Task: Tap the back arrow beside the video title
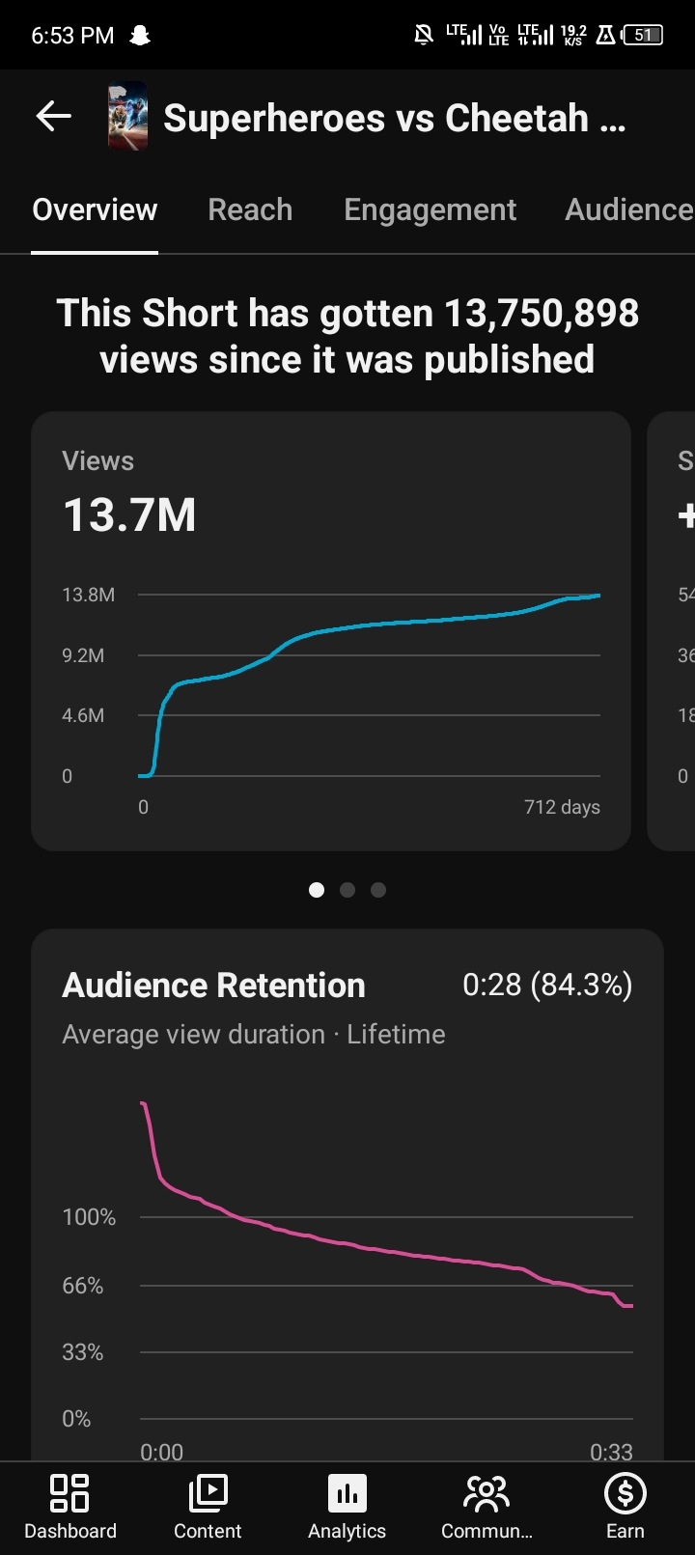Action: point(53,115)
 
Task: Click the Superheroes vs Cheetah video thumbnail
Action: point(127,116)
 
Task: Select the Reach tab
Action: point(250,209)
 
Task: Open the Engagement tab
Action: point(430,210)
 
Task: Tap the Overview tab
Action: point(96,209)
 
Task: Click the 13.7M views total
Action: point(129,515)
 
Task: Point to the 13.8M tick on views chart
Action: point(88,595)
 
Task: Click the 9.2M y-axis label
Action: point(83,655)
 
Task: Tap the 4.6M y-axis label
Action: point(83,715)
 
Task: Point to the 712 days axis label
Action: point(562,807)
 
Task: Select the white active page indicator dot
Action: point(317,890)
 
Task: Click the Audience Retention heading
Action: point(214,986)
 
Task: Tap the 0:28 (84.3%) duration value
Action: point(547,986)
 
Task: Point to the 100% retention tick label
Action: point(89,1217)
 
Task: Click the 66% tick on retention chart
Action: point(83,1286)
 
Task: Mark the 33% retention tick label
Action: point(83,1352)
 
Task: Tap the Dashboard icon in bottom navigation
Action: point(69,1492)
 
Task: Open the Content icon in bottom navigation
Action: point(208,1492)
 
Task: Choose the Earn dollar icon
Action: point(625,1493)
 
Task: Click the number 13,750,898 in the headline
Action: point(541,313)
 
